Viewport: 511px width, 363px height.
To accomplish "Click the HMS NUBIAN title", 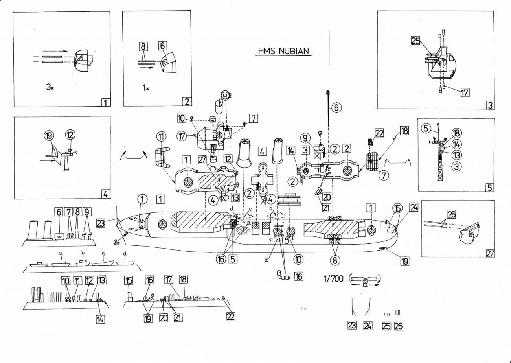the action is click(x=283, y=51).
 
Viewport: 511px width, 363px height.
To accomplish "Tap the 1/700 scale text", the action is click(x=333, y=279).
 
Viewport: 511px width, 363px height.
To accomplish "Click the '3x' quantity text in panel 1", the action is click(x=50, y=87).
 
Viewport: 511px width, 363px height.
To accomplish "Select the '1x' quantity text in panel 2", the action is click(x=145, y=88).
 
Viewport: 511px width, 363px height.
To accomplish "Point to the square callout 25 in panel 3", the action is click(x=415, y=41).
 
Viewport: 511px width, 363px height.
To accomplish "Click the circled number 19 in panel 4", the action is click(x=49, y=136).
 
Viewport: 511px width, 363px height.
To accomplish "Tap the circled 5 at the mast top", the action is click(x=426, y=129).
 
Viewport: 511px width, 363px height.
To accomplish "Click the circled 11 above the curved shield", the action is click(x=161, y=137).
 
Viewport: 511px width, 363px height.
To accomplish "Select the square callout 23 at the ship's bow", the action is click(x=101, y=223).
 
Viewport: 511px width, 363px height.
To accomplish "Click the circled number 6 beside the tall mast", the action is click(x=336, y=107).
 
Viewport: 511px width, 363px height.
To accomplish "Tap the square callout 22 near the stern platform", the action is click(x=379, y=133).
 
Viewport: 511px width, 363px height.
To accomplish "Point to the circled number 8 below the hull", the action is click(x=335, y=260).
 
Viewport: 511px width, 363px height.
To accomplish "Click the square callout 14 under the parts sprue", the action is click(x=101, y=319).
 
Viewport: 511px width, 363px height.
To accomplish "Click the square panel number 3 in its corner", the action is click(x=490, y=105).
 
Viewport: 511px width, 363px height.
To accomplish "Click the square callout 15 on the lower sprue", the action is click(x=129, y=280).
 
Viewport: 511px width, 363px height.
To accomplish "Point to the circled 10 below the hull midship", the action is click(x=299, y=259).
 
